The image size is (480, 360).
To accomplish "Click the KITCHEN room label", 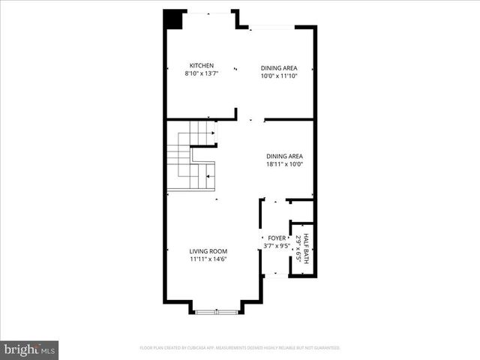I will pyautogui.click(x=202, y=66).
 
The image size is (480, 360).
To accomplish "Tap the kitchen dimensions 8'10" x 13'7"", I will pyautogui.click(x=202, y=74).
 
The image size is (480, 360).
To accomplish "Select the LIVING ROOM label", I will pyautogui.click(x=208, y=251).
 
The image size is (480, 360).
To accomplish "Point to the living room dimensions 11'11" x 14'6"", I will pyautogui.click(x=208, y=259).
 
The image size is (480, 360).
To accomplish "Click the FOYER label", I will pyautogui.click(x=277, y=238).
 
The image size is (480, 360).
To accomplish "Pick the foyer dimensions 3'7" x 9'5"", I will pyautogui.click(x=277, y=245).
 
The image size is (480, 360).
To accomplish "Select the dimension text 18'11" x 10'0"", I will pyautogui.click(x=284, y=165).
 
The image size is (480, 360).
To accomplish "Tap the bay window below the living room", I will pyautogui.click(x=216, y=309).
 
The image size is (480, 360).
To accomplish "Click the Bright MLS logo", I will pyautogui.click(x=30, y=350).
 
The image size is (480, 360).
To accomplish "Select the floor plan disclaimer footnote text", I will pyautogui.click(x=240, y=348).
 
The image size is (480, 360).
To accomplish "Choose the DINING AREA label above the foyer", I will pyautogui.click(x=284, y=156).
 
